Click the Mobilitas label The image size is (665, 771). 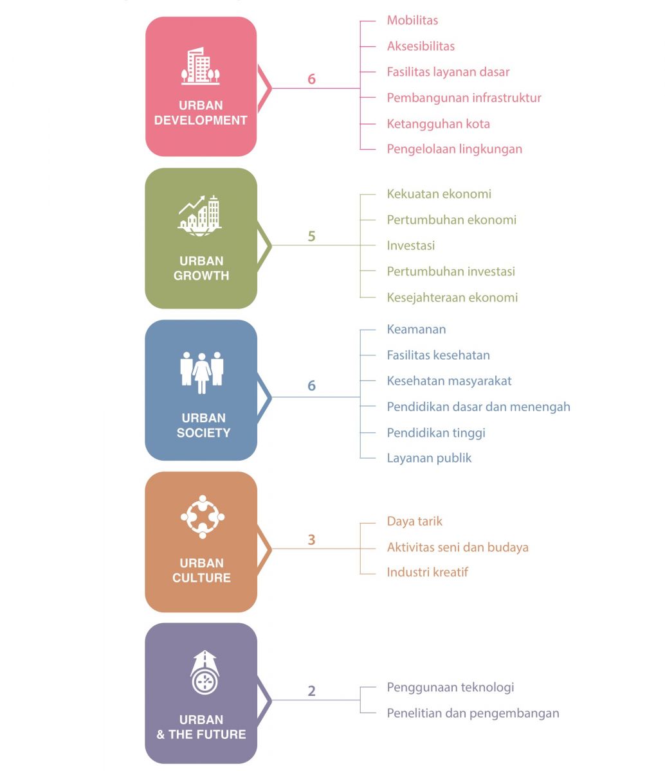412,20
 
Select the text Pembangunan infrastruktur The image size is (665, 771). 464,98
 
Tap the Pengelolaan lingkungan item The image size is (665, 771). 455,149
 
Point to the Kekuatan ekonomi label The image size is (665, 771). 439,194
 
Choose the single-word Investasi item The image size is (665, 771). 411,245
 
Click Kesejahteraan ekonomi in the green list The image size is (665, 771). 452,297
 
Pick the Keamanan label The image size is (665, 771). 416,330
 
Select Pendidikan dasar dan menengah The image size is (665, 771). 478,407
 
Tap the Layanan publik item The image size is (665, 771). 429,458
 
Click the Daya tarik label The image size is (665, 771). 414,521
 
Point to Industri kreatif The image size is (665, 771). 427,572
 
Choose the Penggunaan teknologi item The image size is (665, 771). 450,687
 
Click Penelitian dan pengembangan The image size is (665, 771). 473,713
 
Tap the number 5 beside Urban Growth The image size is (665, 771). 311,236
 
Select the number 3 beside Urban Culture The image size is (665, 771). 311,540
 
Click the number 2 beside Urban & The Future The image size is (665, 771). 311,691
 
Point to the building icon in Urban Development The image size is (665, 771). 201,66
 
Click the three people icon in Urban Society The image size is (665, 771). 202,373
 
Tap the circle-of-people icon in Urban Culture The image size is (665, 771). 203,517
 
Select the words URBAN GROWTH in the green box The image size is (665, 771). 201,268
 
